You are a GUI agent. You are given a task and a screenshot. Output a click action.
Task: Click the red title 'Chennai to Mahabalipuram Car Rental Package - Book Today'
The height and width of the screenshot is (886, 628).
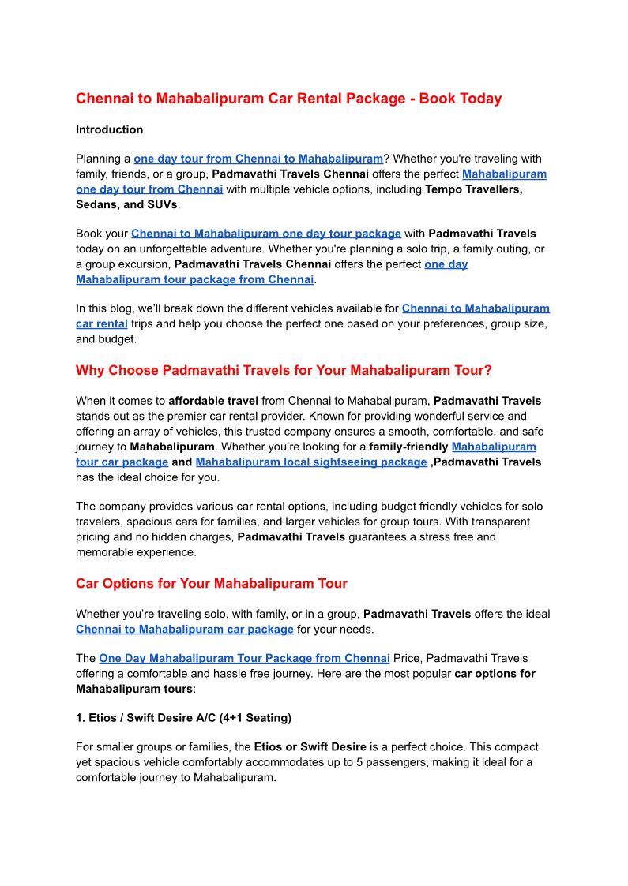coord(288,99)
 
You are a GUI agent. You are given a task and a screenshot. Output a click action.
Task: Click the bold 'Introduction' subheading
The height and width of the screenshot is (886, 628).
coord(109,129)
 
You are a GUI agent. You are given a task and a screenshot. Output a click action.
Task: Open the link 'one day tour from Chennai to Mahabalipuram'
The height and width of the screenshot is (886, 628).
coord(258,159)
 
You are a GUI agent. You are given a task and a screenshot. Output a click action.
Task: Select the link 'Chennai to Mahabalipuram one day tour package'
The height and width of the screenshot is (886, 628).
coord(266,234)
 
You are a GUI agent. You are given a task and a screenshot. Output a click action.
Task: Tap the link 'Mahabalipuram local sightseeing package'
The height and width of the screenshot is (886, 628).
coord(311,462)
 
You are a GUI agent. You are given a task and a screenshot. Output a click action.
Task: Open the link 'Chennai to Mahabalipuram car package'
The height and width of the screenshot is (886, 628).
coord(185,629)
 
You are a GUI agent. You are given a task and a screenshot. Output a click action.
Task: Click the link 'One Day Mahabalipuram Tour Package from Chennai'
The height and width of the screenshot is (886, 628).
coord(244,658)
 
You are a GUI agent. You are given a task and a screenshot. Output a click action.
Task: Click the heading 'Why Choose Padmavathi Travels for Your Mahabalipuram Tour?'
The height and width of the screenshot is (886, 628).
coord(284,370)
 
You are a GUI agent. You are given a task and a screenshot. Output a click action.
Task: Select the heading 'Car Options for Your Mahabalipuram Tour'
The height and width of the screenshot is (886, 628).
coord(212,584)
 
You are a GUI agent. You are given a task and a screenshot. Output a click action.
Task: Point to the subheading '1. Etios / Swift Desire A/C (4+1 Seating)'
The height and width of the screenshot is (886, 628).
coord(183,718)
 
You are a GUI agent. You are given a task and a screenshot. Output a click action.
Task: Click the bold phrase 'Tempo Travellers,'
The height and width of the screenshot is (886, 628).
coord(474,189)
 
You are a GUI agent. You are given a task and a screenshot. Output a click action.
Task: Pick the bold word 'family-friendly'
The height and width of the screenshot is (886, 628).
coord(408,447)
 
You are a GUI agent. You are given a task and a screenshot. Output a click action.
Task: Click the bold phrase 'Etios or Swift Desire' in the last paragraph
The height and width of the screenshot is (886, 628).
coord(313,746)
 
